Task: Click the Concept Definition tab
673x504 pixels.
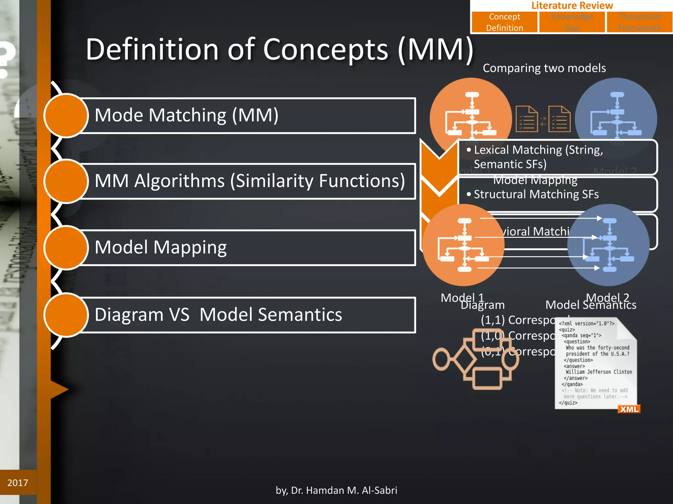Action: pyautogui.click(x=504, y=22)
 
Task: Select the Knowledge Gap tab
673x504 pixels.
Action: pyautogui.click(x=572, y=22)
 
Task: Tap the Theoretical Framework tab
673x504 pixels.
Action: pyautogui.click(x=639, y=22)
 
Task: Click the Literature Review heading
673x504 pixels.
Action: pyautogui.click(x=572, y=6)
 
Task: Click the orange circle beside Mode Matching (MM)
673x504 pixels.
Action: pyautogui.click(x=66, y=115)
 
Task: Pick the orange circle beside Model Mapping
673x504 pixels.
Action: pyautogui.click(x=66, y=248)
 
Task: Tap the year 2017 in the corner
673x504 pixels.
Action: pyautogui.click(x=18, y=483)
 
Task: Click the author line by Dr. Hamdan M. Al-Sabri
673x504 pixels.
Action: pyautogui.click(x=336, y=490)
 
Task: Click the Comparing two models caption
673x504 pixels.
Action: pyautogui.click(x=544, y=68)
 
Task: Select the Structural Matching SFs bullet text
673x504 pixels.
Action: pyautogui.click(x=536, y=194)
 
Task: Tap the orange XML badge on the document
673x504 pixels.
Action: pyautogui.click(x=629, y=409)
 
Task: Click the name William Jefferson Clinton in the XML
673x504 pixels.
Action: pyautogui.click(x=599, y=372)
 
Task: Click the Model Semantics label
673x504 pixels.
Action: pyautogui.click(x=591, y=305)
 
